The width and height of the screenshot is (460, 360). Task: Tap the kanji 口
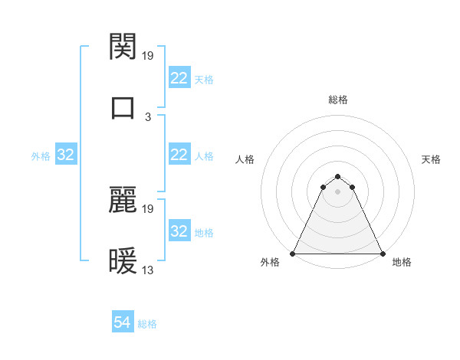pos(123,106)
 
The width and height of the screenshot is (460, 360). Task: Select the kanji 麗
pos(123,200)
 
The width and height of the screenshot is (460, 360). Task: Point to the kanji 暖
pos(123,261)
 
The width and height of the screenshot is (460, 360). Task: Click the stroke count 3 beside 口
pos(148,116)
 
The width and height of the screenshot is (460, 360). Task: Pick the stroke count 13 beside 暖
pos(149,270)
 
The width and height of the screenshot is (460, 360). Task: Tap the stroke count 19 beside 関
pos(149,55)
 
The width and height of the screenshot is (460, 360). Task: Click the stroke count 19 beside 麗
pos(149,208)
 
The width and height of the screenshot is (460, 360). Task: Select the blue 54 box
pos(123,323)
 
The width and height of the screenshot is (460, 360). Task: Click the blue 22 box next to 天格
pos(179,78)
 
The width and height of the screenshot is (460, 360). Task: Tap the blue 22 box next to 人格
pos(179,155)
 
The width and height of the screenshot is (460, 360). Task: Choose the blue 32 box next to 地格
pos(179,231)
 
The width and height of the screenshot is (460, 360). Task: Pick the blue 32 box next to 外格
pos(66,155)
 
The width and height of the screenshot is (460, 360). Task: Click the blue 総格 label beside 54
pos(147,324)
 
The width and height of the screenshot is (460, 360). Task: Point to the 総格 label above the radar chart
pos(338,100)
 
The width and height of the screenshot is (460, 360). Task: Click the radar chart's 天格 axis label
pos(431,159)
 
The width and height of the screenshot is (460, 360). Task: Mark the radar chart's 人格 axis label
pos(245,159)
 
